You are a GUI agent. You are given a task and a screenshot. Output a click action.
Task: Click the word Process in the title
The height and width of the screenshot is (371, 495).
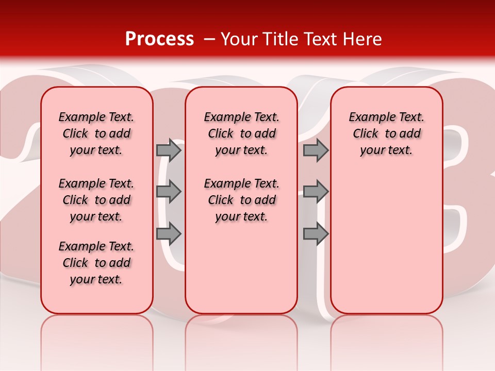click(159, 39)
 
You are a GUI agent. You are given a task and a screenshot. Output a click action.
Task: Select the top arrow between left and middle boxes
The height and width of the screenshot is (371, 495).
click(169, 150)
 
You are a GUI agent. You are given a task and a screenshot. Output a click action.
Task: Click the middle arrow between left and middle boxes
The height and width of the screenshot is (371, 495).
click(169, 192)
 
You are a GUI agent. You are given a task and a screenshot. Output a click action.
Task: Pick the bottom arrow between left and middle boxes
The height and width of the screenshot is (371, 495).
click(169, 233)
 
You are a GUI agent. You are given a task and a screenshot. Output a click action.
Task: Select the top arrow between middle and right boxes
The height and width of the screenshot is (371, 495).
click(316, 150)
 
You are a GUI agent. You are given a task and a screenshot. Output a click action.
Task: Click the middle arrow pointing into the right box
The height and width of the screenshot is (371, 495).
click(316, 192)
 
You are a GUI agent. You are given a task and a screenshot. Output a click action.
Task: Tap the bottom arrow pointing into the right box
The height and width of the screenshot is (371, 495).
click(316, 233)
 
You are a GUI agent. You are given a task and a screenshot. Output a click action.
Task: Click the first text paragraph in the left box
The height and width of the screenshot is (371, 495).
click(96, 133)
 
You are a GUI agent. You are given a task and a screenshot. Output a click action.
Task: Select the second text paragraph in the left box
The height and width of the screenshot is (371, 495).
click(96, 200)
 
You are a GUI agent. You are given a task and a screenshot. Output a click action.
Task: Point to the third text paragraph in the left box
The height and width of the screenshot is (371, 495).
click(96, 263)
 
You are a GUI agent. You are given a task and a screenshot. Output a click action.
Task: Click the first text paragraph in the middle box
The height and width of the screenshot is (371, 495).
click(241, 133)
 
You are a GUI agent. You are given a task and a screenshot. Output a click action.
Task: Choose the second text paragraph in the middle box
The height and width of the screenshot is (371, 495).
click(241, 200)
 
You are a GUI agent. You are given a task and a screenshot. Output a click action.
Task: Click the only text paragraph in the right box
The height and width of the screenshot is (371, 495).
click(386, 133)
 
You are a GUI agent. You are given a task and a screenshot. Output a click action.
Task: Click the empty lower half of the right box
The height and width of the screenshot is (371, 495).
click(386, 247)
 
